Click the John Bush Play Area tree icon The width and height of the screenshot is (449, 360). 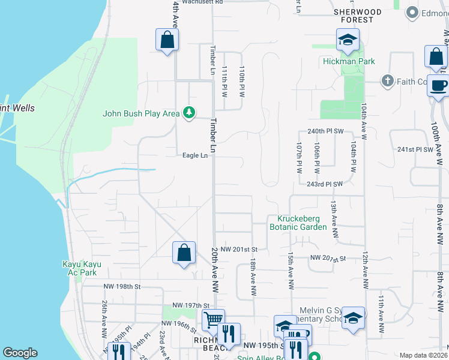pos(189,113)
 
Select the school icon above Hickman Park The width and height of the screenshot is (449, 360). pos(348,40)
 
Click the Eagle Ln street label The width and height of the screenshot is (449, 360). pos(196,155)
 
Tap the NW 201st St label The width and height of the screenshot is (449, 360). pos(238,249)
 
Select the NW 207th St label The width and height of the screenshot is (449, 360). pos(328,258)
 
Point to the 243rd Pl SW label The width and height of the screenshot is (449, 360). pos(324,184)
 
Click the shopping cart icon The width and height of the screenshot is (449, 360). pos(213,319)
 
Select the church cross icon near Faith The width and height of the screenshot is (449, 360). pos(388,81)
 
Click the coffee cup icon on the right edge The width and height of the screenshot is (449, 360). pos(438,85)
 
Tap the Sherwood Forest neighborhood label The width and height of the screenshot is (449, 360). pos(358,16)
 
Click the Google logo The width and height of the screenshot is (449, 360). pos(20,353)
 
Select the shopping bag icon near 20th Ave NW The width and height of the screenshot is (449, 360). pos(184,252)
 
